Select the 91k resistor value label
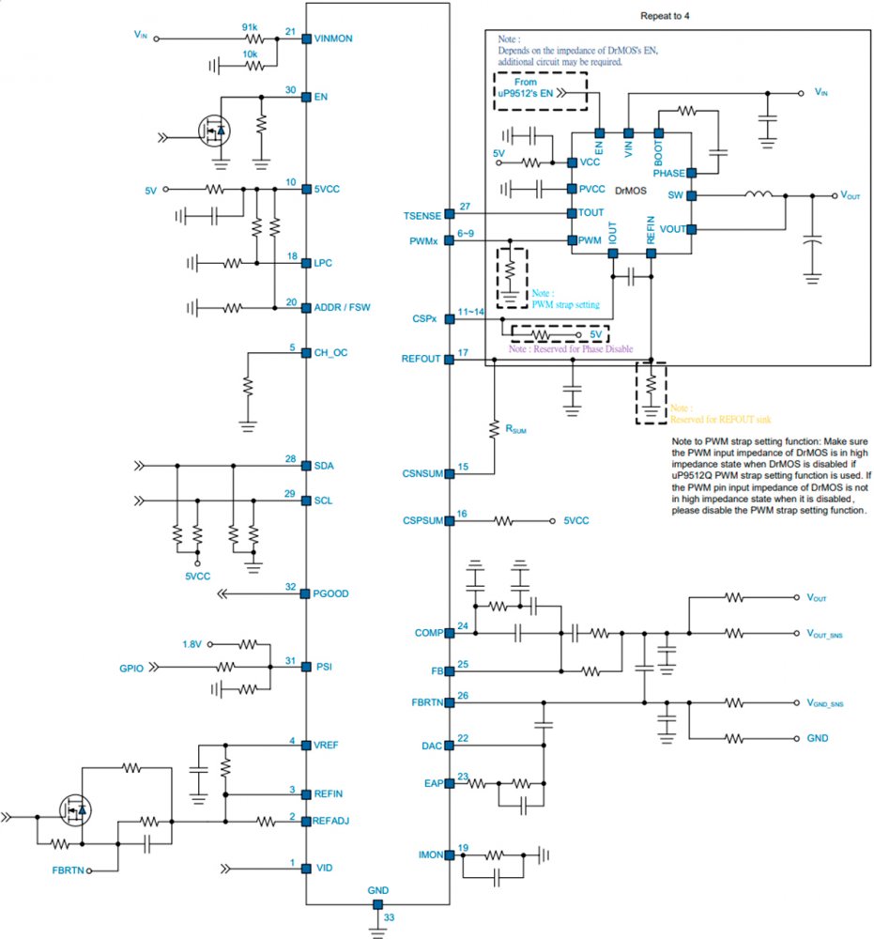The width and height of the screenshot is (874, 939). (x=250, y=27)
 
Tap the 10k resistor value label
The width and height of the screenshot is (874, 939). (x=250, y=55)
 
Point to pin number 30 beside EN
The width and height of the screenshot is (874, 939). (x=292, y=90)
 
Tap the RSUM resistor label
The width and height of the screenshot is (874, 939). (x=516, y=429)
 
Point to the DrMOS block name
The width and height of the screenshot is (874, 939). (x=629, y=190)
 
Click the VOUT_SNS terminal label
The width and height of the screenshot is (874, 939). (x=824, y=635)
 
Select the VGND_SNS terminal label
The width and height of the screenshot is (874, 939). (x=824, y=703)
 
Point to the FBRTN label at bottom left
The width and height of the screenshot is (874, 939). (x=69, y=871)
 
